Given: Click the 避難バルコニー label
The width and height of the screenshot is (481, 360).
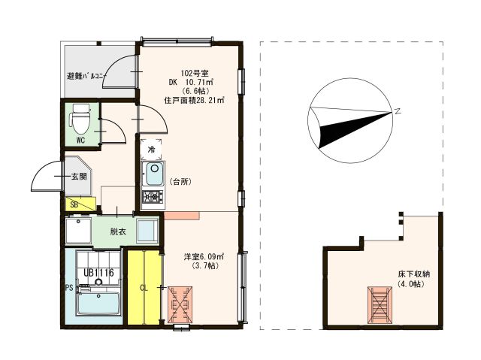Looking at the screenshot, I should pos(85,77).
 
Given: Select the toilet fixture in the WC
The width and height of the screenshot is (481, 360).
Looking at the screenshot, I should pos(79,118).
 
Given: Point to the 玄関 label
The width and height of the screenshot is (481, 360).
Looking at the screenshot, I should pos(79,177).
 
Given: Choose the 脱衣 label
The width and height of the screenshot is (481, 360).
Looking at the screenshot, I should pos(118,231).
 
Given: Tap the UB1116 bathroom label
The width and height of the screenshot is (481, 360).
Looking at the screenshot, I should pos(98,273).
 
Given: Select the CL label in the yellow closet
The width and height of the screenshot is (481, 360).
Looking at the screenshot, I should pos(144,286).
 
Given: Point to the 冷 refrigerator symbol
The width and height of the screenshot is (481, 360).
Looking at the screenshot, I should pos(151,150).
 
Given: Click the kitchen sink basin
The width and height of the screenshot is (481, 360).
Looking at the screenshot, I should pos(153,177).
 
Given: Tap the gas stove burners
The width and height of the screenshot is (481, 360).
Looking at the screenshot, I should pos(153,198).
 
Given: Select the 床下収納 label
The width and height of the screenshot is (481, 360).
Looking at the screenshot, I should pos(413,274).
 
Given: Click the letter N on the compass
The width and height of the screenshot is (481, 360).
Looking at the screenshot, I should pos(397,111).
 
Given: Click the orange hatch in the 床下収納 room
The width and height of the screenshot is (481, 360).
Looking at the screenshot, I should pos(380,304).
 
